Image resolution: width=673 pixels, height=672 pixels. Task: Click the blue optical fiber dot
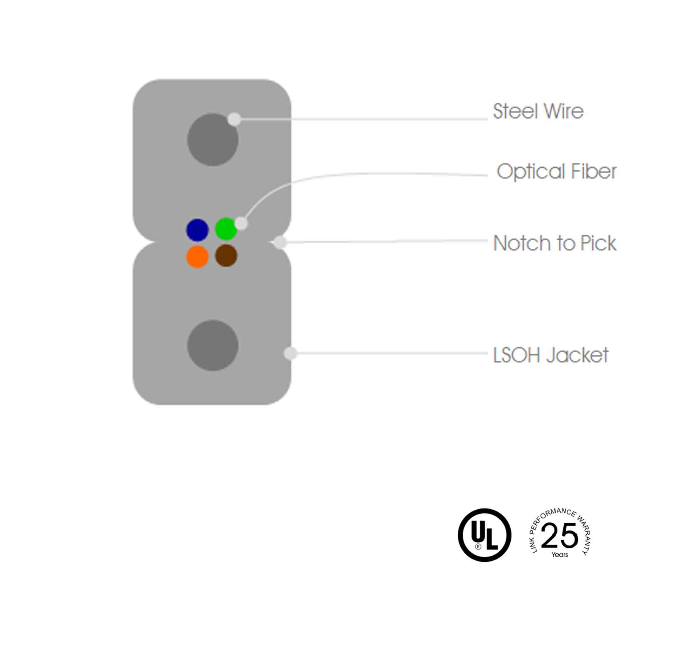pos(197,230)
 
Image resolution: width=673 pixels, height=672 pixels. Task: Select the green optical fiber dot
pos(226,229)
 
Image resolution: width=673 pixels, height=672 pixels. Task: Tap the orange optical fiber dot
pos(197,257)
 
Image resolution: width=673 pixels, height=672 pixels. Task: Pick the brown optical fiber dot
pos(226,256)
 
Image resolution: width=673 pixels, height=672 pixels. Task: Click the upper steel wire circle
pos(213,140)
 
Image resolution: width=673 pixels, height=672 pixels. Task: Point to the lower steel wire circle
pos(213,345)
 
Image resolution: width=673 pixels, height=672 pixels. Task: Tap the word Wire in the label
pos(564,111)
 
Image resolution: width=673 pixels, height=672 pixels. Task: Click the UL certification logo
pos(485,535)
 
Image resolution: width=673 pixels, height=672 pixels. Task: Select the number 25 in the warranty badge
pos(559,535)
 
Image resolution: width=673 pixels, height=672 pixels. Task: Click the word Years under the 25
pos(560,555)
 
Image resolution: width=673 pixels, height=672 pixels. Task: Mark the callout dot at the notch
pos(280,243)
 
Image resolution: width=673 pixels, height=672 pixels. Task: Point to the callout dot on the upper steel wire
pos(234,119)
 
